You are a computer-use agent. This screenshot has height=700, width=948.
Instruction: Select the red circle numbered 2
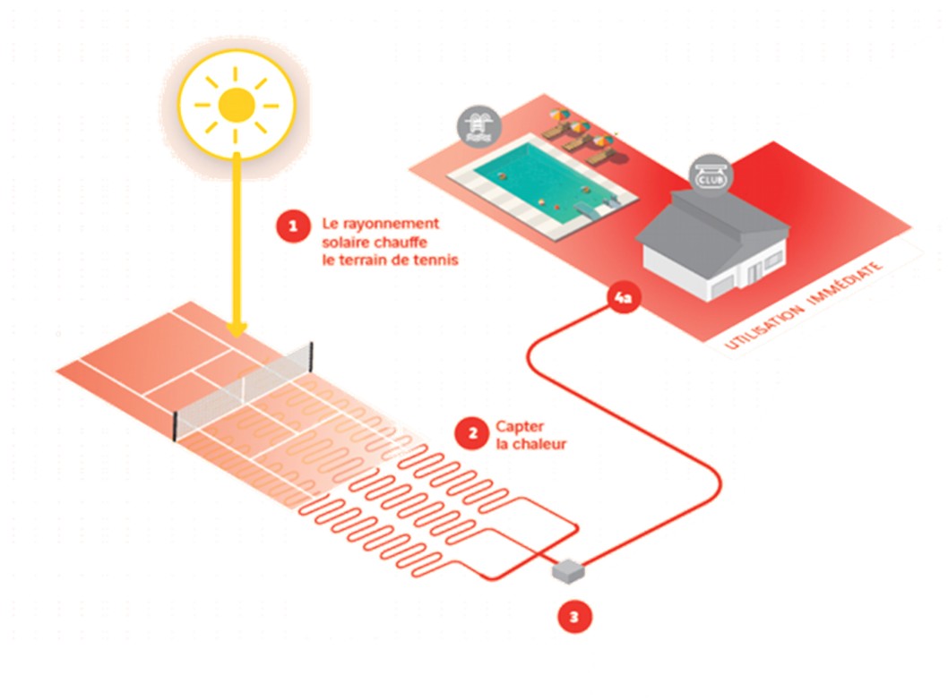click(469, 435)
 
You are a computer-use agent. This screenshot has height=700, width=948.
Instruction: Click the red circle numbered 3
click(574, 617)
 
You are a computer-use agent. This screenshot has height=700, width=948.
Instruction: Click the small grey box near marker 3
click(568, 569)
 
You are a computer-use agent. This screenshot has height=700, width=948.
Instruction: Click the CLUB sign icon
click(710, 176)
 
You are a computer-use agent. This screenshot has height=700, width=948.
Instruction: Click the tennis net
click(251, 386)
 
